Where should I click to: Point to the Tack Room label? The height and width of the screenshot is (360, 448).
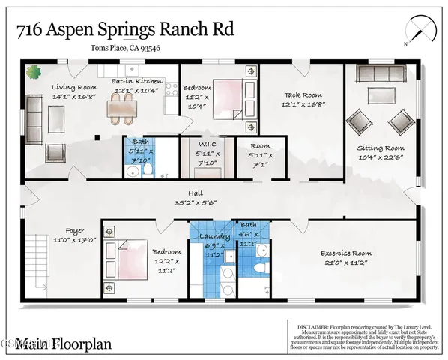coord(302,95)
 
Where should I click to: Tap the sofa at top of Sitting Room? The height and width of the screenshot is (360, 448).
coord(381,73)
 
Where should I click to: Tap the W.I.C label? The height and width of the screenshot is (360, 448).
coord(208,145)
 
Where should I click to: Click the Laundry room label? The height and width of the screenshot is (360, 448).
coord(211,236)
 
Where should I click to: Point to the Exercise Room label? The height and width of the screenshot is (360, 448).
coord(345,253)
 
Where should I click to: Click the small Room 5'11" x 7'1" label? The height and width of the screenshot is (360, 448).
coord(261,146)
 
